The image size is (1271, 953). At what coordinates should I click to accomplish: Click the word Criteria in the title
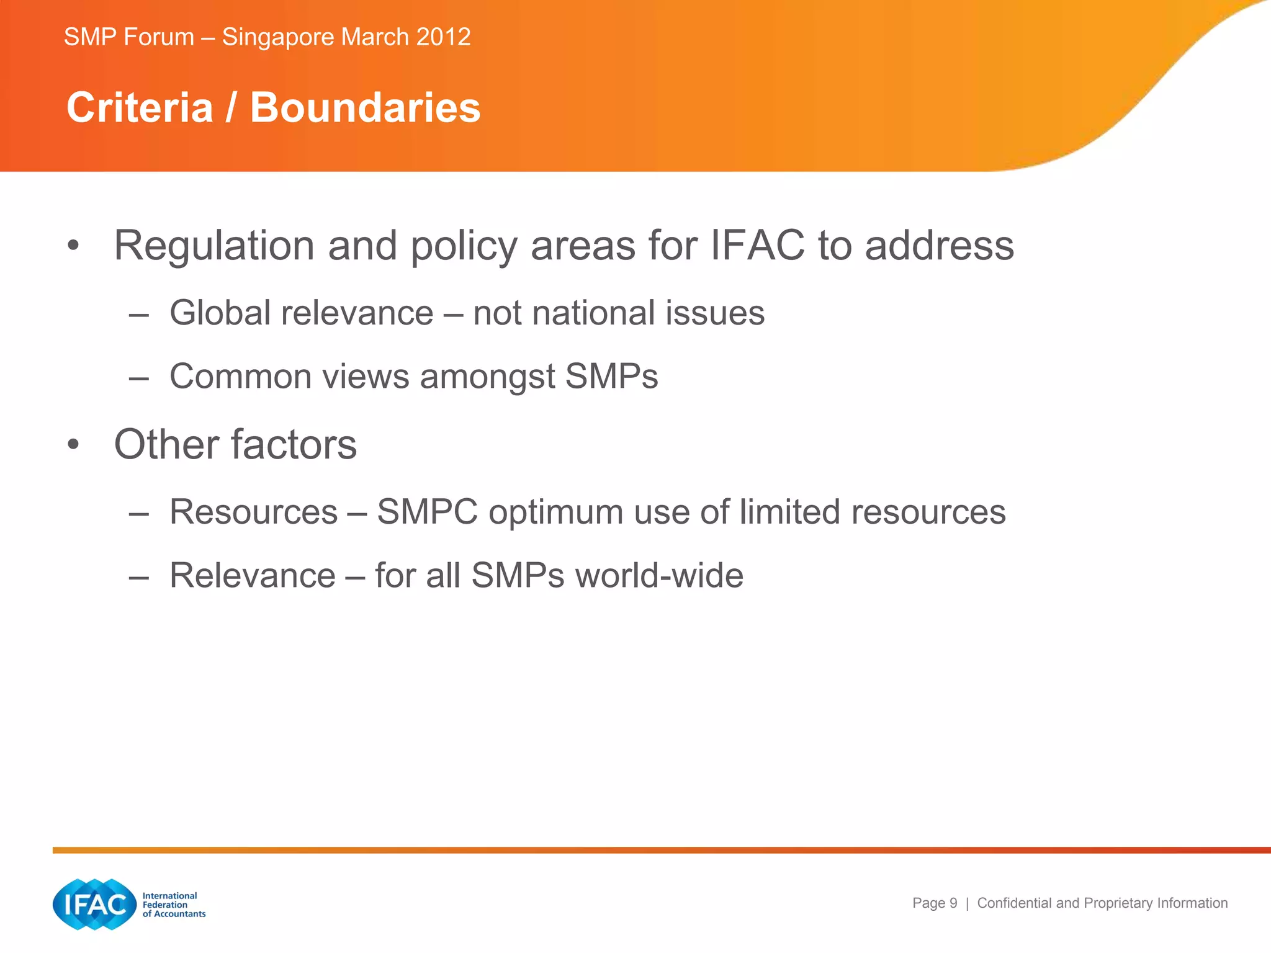(140, 108)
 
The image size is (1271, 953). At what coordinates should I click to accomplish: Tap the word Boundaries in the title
(365, 108)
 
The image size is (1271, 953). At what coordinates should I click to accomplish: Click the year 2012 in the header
(443, 37)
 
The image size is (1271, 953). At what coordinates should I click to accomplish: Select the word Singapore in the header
(278, 38)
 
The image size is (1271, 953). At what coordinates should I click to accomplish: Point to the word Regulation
(215, 246)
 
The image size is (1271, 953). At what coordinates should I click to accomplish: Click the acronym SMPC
(427, 512)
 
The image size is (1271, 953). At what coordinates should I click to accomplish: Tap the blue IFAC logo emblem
(94, 904)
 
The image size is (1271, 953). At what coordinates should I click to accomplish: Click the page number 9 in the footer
(953, 903)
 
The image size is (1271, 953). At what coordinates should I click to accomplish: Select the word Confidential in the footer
(1013, 903)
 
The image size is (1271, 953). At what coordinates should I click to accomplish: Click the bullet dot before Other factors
(74, 444)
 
